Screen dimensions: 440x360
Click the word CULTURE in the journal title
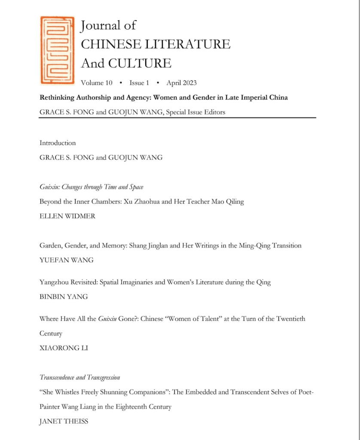pos(140,64)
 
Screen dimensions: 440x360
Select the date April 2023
pos(181,83)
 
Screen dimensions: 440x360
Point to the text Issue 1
pos(139,83)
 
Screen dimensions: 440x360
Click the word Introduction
pos(58,143)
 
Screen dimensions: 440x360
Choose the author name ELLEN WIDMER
pos(67,216)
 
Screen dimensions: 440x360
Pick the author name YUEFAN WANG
pos(67,260)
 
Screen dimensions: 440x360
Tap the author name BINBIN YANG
pos(64,296)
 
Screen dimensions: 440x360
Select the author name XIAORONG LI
pos(64,348)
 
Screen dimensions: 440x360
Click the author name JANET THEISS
pos(64,422)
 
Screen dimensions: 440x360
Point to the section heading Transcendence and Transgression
pos(80,378)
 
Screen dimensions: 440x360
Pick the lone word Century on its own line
pos(51,333)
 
